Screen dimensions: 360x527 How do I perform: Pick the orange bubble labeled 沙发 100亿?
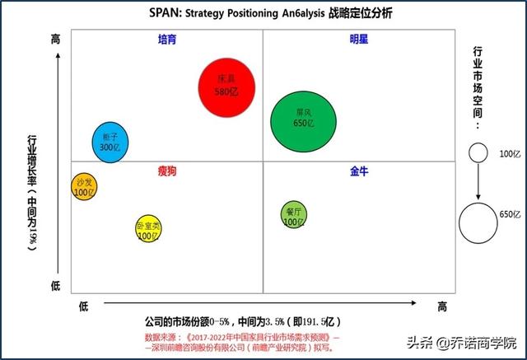[x=84, y=186]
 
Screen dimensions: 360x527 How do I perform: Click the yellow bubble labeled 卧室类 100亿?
[x=147, y=230]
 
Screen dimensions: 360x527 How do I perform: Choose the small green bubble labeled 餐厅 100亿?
[x=293, y=216]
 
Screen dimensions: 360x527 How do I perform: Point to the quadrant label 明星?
[x=359, y=39]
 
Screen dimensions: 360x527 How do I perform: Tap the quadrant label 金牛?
[x=359, y=171]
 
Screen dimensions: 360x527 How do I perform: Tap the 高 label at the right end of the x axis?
[x=442, y=306]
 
